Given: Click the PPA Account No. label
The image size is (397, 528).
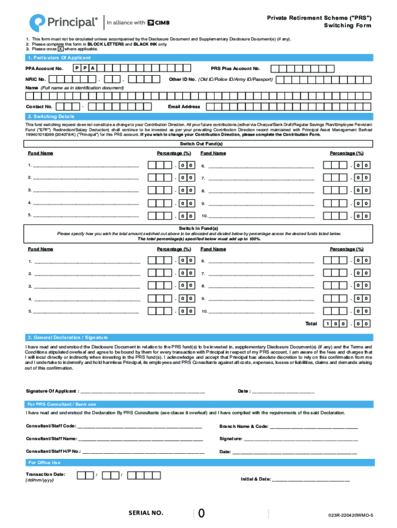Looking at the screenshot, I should pyautogui.click(x=44, y=69).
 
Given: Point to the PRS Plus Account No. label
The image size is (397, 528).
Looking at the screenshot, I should pyautogui.click(x=235, y=69).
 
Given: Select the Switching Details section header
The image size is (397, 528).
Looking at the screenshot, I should pyautogui.click(x=48, y=117).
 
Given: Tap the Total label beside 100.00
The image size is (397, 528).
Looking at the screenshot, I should pyautogui.click(x=311, y=324).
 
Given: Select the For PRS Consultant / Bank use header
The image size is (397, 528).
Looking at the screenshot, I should pyautogui.click(x=61, y=404).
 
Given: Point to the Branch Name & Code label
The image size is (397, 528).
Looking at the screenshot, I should pyautogui.click(x=243, y=426).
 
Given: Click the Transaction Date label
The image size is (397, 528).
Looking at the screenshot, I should pyautogui.click(x=45, y=474).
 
